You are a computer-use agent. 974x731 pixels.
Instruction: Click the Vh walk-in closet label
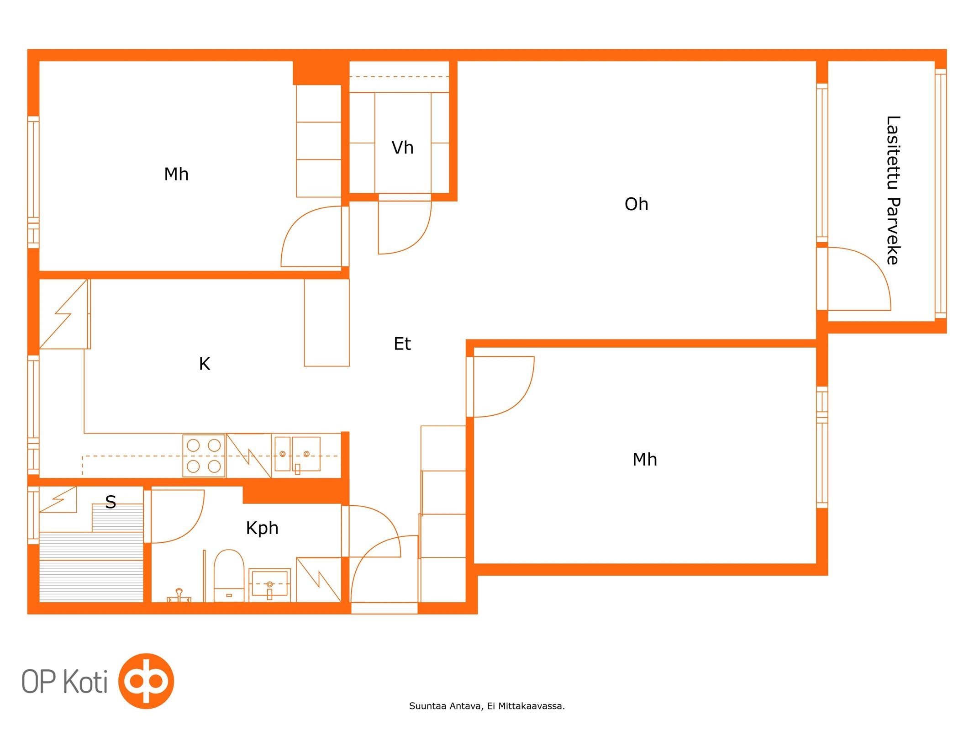click(402, 148)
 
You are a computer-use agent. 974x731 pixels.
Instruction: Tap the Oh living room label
click(636, 204)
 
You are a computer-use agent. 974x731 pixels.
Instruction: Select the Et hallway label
click(402, 344)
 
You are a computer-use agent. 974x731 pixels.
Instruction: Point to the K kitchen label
click(205, 364)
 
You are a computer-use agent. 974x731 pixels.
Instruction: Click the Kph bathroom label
click(262, 529)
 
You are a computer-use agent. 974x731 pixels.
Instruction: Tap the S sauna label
click(111, 502)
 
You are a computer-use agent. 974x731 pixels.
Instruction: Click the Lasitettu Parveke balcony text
click(893, 190)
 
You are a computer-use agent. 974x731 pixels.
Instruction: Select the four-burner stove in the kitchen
click(204, 456)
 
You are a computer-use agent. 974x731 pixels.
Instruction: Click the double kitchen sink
click(297, 454)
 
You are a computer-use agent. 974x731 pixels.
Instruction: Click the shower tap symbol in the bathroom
click(179, 595)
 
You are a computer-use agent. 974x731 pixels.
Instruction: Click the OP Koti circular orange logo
click(146, 681)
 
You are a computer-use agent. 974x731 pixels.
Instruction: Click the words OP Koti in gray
click(64, 682)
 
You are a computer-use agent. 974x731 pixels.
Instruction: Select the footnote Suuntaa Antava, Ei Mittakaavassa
click(487, 706)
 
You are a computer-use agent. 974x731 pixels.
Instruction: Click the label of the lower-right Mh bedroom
click(644, 460)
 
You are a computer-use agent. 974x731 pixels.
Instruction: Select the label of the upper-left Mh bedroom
click(176, 174)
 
